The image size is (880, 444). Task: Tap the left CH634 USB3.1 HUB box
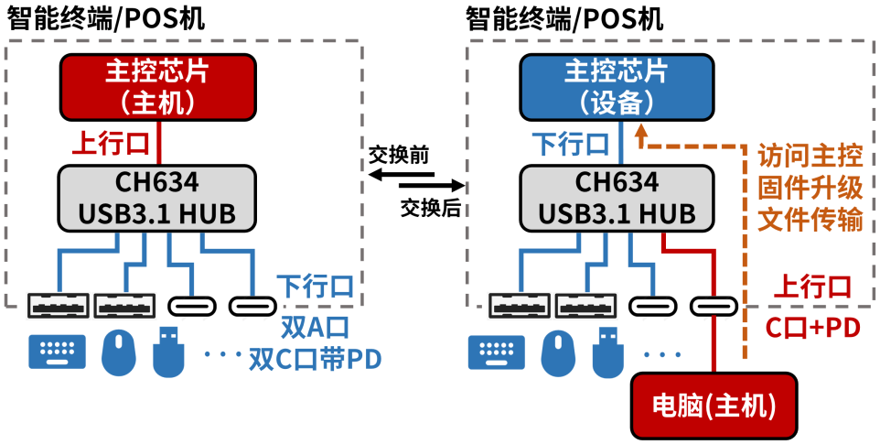coord(157,197)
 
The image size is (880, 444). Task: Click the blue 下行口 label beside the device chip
coord(571,143)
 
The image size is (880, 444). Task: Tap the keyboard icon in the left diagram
coord(58,352)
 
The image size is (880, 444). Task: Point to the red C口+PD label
coord(812,328)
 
